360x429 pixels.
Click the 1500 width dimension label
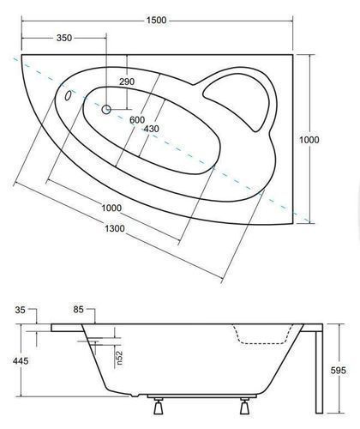[156, 21]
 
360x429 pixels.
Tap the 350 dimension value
[64, 38]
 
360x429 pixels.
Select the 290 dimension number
[127, 82]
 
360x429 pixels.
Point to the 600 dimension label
[137, 119]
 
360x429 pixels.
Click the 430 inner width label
[151, 129]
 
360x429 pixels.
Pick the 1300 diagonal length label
[115, 228]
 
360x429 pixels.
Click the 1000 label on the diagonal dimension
[111, 208]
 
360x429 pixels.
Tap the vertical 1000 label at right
[309, 140]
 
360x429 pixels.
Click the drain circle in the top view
[106, 109]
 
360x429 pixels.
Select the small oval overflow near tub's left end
[68, 95]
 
